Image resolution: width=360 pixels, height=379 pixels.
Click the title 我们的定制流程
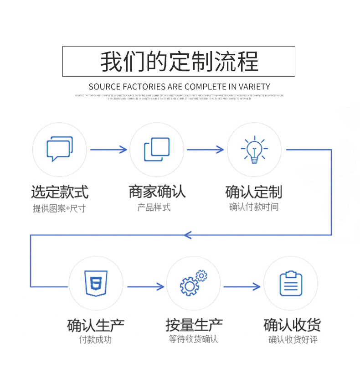[x=179, y=62]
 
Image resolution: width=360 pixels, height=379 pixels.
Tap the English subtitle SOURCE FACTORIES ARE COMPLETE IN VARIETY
[x=179, y=87]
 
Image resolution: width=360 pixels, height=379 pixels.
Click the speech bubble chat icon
[x=59, y=149]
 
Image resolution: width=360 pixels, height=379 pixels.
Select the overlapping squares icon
[x=157, y=149]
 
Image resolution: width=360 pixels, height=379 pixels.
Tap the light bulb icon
[x=254, y=149]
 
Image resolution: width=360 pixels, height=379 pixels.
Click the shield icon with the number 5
[x=96, y=283]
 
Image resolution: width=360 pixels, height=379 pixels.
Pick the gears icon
[x=193, y=283]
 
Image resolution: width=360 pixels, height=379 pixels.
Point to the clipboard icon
[x=291, y=283]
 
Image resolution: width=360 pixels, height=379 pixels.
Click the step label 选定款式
[x=59, y=192]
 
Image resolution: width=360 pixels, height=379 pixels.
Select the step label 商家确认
[x=157, y=192]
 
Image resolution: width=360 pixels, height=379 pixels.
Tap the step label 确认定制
[x=254, y=192]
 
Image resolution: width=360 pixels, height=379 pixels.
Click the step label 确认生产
[x=96, y=326]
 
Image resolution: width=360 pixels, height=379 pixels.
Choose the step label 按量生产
[x=194, y=326]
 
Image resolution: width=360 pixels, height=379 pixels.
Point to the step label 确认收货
[x=292, y=326]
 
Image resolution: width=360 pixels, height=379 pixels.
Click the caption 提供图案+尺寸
[x=59, y=209]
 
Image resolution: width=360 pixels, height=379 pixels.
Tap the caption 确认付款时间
[x=254, y=207]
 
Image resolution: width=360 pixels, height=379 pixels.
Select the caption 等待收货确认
[x=193, y=339]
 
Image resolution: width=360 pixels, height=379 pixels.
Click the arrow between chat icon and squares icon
[x=108, y=149]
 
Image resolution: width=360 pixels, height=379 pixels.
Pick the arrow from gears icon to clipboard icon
[x=242, y=286]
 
